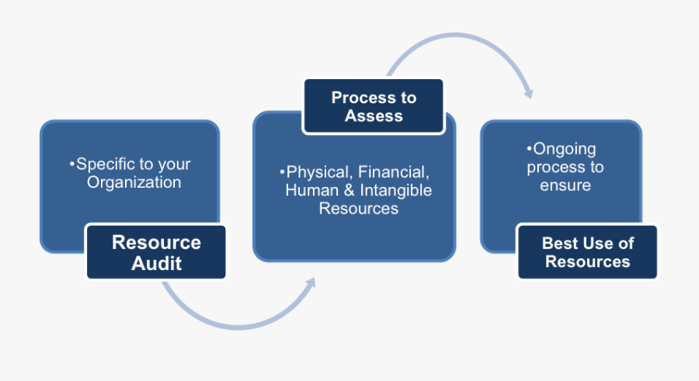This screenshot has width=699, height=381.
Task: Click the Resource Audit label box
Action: [155, 252]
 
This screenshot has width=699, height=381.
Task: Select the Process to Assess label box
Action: [374, 106]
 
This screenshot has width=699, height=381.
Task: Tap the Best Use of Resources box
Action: [587, 252]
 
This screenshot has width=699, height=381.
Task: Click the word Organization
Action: [134, 182]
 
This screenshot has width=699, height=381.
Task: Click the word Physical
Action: [315, 171]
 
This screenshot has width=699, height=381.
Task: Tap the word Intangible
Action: [395, 190]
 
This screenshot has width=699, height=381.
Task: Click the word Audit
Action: [156, 263]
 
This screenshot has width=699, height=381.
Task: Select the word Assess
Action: [374, 116]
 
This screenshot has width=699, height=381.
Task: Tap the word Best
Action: [559, 243]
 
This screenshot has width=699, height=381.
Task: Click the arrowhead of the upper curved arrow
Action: [529, 93]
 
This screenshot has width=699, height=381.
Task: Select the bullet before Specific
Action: [72, 165]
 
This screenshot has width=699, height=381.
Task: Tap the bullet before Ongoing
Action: [530, 148]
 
